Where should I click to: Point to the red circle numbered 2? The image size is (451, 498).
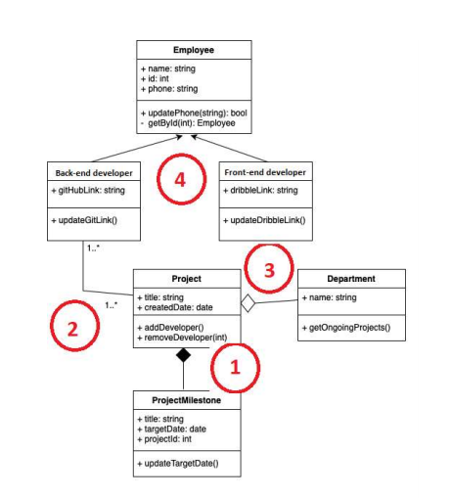click(x=71, y=328)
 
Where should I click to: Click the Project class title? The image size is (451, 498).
click(x=186, y=279)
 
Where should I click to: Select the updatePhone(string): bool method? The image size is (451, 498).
click(x=194, y=113)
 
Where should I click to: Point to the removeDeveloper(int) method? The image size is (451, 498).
click(x=183, y=337)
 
